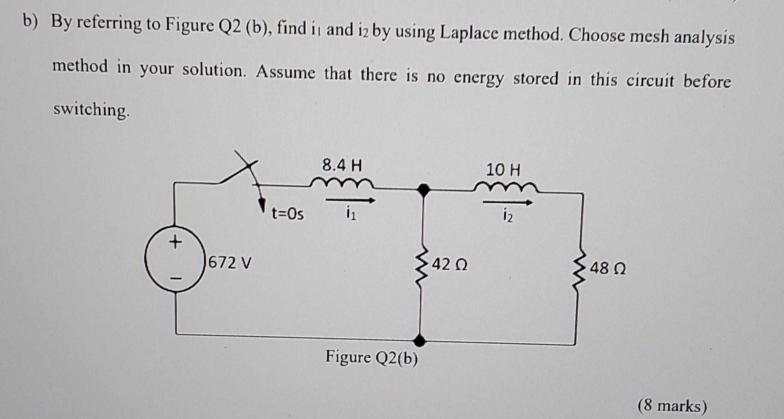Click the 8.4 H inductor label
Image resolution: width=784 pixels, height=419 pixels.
click(x=342, y=166)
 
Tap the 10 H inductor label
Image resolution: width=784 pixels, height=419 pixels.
click(x=503, y=170)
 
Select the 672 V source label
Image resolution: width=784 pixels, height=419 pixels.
click(x=229, y=262)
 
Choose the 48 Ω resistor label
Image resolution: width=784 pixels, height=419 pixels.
click(x=608, y=269)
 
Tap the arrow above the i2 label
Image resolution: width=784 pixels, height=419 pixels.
click(x=508, y=202)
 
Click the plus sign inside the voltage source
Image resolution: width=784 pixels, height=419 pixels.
click(x=175, y=243)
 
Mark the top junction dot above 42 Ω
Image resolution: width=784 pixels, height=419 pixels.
click(x=424, y=190)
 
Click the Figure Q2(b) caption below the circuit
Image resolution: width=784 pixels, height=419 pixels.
click(x=372, y=358)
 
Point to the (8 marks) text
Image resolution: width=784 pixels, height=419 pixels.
click(x=672, y=406)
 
